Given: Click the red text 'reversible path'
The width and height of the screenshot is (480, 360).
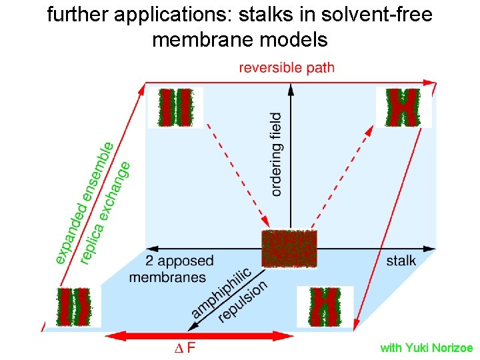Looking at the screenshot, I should [287, 67].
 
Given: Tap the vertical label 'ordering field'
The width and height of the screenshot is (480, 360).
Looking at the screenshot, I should [276, 154].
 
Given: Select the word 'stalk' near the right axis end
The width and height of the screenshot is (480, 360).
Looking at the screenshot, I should [401, 260].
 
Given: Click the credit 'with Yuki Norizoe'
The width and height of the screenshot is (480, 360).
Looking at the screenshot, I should [426, 348].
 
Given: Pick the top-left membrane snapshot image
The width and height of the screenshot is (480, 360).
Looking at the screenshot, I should [175, 107].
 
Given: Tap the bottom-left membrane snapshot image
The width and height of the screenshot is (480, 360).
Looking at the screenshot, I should [74, 307].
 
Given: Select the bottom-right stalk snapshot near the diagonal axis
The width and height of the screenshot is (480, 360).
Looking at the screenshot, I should [325, 307].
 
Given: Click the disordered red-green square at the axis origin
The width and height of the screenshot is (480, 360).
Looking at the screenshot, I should [289, 249].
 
